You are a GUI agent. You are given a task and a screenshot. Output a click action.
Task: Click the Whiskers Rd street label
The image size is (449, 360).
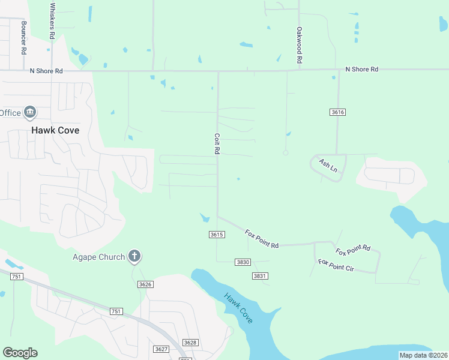click(x=52, y=22)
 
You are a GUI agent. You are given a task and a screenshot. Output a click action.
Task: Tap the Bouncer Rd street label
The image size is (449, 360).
click(x=23, y=38)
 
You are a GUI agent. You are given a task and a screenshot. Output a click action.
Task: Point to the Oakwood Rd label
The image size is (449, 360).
click(x=298, y=46)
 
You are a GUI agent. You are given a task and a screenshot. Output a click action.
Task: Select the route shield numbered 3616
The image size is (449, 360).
click(x=338, y=112)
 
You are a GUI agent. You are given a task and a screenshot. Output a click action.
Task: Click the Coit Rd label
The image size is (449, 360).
click(x=217, y=144)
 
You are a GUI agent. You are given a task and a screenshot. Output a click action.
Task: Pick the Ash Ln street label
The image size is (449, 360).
click(x=328, y=165)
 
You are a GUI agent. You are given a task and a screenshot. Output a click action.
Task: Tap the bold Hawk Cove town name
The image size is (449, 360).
click(x=55, y=130)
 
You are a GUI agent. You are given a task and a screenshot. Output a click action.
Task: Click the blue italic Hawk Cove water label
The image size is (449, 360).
click(x=238, y=308)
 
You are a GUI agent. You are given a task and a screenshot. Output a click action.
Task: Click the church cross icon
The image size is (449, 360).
click(x=134, y=257)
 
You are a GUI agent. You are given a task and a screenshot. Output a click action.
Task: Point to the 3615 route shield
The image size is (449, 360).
click(x=217, y=235)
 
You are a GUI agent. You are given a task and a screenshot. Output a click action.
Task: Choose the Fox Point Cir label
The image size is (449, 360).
click(x=336, y=266)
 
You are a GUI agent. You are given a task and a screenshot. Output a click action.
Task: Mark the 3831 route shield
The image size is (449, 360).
click(x=259, y=275)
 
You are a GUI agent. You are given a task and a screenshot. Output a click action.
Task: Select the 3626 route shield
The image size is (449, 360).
click(x=145, y=284)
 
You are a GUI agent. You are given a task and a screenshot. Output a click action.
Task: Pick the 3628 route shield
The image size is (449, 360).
click(x=190, y=342)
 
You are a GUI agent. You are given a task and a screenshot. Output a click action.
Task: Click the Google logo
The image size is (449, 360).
click(x=20, y=353)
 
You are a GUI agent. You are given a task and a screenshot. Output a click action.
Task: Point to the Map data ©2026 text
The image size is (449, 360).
click(x=423, y=355)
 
